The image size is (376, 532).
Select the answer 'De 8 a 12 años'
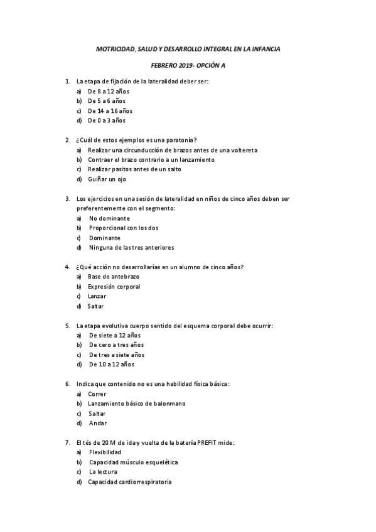click(x=109, y=91)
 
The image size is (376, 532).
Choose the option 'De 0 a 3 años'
click(x=107, y=120)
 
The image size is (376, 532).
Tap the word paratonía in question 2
click(x=191, y=140)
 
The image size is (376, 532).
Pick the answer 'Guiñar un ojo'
click(x=107, y=179)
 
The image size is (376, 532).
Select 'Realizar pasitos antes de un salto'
click(x=134, y=169)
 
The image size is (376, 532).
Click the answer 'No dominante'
click(x=109, y=218)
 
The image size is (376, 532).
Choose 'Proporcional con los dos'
click(x=124, y=228)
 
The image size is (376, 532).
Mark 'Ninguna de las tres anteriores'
click(x=131, y=247)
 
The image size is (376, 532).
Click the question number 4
click(x=67, y=267)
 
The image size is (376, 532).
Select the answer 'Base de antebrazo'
click(x=114, y=277)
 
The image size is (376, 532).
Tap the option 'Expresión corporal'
click(x=114, y=287)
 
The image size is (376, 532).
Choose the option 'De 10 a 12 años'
click(x=111, y=364)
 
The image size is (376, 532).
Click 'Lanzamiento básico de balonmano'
click(x=137, y=403)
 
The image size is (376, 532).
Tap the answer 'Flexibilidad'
click(x=105, y=452)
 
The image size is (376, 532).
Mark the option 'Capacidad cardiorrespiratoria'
click(x=130, y=482)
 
